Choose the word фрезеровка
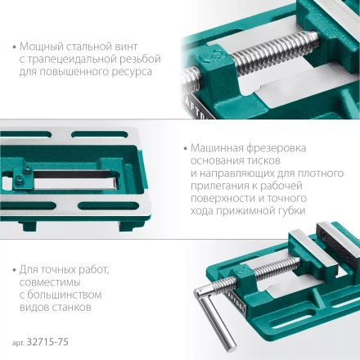[276, 149]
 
